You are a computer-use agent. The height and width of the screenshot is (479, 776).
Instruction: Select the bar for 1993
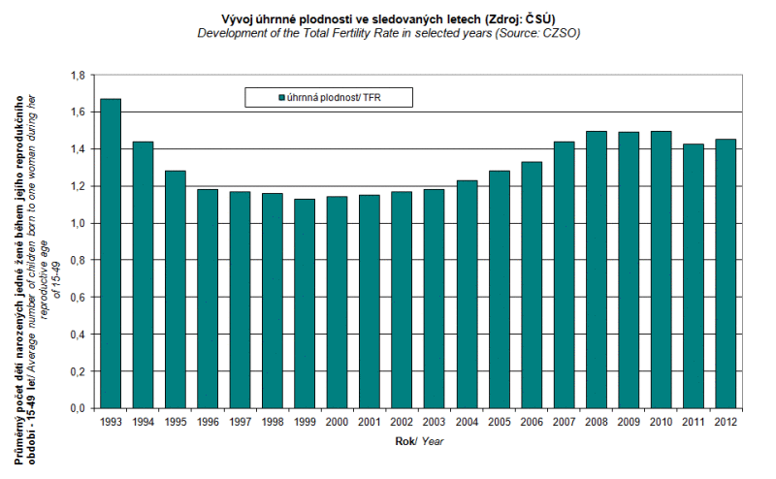111,253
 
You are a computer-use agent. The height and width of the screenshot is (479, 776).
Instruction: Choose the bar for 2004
467,294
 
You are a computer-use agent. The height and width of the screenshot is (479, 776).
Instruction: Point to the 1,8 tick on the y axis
80,76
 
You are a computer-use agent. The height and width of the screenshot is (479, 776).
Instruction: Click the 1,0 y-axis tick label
80,224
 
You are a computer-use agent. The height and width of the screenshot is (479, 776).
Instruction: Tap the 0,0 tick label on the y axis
80,409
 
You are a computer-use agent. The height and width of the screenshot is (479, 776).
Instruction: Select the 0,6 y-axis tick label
80,298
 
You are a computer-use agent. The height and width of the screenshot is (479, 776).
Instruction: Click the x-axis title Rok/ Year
418,441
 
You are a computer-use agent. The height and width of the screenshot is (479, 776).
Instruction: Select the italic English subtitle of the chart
388,33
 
